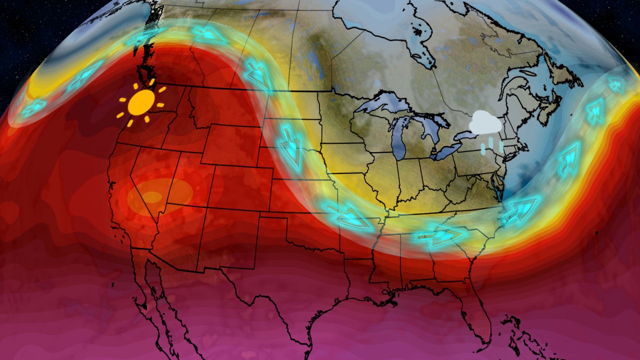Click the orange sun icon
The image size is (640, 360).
point(141,102)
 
